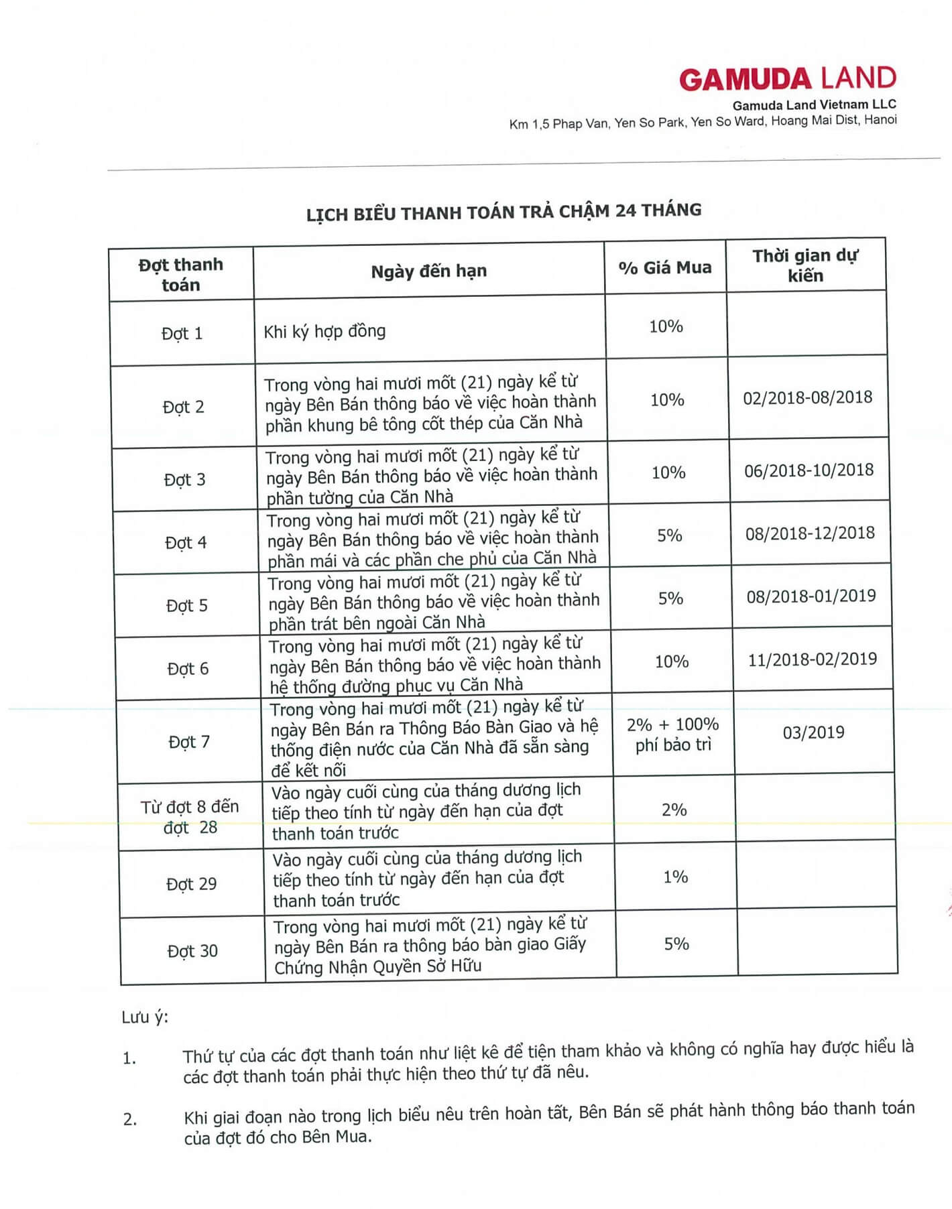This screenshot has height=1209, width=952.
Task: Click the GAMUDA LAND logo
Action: (x=787, y=79)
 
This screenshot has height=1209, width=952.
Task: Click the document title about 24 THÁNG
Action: (x=503, y=212)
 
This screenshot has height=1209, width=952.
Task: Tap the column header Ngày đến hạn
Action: (x=429, y=271)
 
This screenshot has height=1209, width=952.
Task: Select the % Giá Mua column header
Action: (x=665, y=268)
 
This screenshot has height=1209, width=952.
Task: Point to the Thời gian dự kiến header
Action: (x=805, y=265)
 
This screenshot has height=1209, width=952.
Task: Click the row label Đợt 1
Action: (x=182, y=333)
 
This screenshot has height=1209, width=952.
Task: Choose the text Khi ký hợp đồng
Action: (x=324, y=331)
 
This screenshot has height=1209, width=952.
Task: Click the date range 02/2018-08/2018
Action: (x=807, y=397)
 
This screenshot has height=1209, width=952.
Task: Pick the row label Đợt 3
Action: (x=184, y=480)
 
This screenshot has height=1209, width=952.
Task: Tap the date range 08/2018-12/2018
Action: (x=810, y=533)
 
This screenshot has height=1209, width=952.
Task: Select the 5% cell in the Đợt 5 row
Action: (x=670, y=598)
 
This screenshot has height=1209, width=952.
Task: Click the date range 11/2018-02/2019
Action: (x=812, y=659)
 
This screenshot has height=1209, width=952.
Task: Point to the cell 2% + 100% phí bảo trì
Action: (x=673, y=735)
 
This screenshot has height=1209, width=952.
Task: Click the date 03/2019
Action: (x=813, y=732)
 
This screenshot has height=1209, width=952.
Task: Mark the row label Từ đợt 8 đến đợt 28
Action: (x=190, y=817)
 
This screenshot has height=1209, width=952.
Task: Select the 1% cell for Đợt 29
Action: (x=675, y=877)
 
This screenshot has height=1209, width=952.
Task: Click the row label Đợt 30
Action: (x=192, y=951)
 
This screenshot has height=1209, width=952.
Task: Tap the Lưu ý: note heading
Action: (x=145, y=1017)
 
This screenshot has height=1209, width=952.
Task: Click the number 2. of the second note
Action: (x=130, y=1119)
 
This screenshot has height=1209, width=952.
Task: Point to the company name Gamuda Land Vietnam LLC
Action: (x=814, y=105)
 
